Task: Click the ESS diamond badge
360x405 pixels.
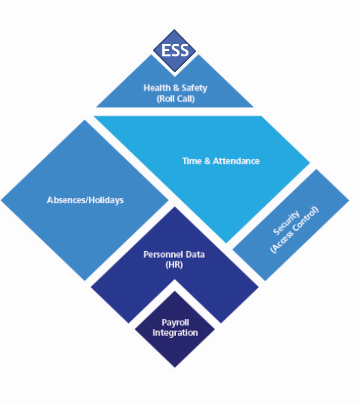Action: click(175, 50)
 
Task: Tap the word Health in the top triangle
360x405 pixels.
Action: click(154, 88)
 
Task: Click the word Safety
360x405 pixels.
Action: click(194, 88)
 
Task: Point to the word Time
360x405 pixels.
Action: click(192, 161)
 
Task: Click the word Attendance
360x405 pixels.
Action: click(236, 161)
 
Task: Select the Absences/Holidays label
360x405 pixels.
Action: click(85, 200)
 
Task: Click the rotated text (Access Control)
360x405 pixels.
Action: click(295, 230)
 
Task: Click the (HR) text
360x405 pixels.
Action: click(174, 265)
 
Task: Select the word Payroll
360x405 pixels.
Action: click(175, 323)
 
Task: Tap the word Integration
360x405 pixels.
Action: click(175, 332)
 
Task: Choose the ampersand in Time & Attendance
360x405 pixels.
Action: click(208, 161)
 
